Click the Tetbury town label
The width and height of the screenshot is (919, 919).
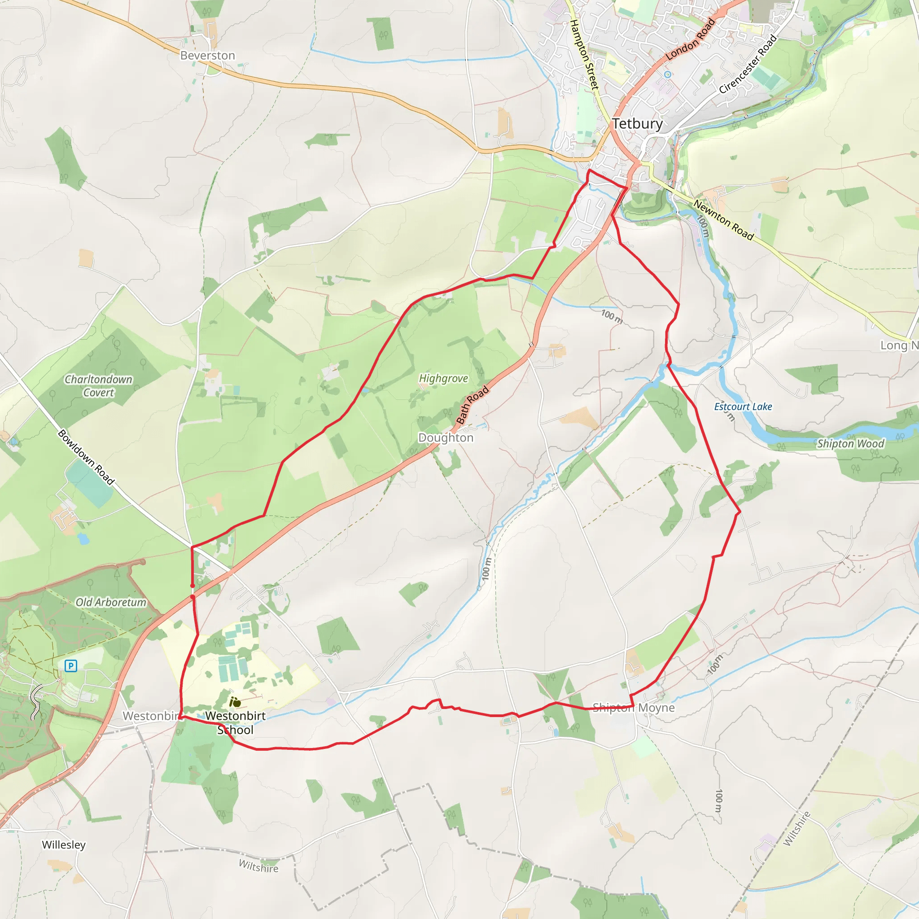(637, 124)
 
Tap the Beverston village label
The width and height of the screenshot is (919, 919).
(207, 56)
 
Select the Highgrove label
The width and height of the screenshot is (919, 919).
(443, 378)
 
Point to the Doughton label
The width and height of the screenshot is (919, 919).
(446, 438)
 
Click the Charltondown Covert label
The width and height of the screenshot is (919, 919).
(98, 386)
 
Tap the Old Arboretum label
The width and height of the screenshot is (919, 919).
(111, 602)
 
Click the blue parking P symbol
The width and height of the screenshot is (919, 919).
(71, 665)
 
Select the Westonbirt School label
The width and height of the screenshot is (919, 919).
(236, 722)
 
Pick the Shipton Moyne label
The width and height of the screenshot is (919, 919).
(634, 708)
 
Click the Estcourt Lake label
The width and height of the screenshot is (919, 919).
(743, 407)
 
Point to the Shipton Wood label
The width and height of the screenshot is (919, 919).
(850, 444)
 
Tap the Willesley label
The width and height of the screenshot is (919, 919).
(64, 845)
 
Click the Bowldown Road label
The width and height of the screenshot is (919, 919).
(86, 457)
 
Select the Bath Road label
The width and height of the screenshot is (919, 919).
(473, 405)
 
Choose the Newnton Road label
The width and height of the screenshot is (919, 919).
(723, 220)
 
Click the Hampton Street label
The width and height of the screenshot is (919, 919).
(584, 54)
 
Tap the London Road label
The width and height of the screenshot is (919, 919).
(690, 39)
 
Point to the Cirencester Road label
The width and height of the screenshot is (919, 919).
(748, 64)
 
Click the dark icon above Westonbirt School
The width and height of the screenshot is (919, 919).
(235, 702)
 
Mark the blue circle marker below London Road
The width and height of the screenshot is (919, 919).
(668, 74)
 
